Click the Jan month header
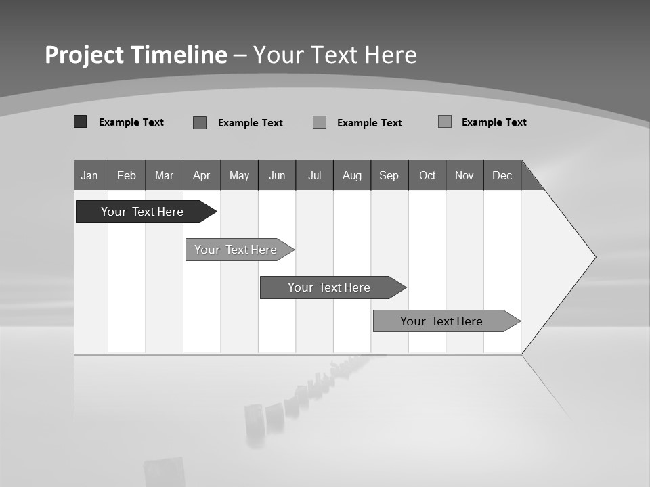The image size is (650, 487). click(x=90, y=175)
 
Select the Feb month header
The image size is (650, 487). click(x=127, y=175)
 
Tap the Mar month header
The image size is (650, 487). click(x=164, y=175)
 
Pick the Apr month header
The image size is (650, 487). click(x=202, y=175)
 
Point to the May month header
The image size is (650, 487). click(x=239, y=175)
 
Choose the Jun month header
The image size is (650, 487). click(x=277, y=175)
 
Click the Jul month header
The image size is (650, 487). click(x=314, y=175)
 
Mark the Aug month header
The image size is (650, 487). click(x=352, y=175)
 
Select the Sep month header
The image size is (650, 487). click(x=389, y=175)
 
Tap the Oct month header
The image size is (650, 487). click(x=427, y=175)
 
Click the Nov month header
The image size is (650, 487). click(x=464, y=175)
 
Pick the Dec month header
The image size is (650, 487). click(x=502, y=175)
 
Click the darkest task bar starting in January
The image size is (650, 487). click(x=143, y=212)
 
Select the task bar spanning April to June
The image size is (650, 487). click(x=236, y=250)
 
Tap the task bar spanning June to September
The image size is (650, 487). click(x=330, y=287)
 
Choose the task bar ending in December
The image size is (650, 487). click(x=442, y=321)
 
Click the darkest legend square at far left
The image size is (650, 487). click(x=80, y=122)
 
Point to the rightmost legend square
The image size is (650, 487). click(x=445, y=122)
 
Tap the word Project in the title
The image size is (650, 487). click(x=84, y=55)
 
